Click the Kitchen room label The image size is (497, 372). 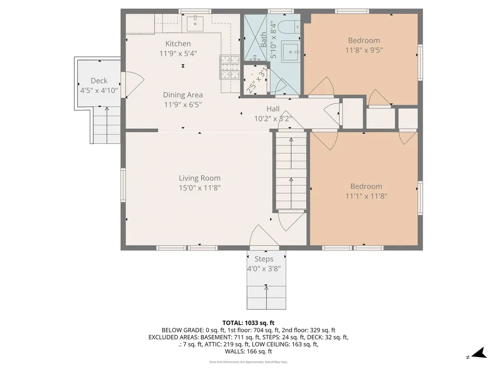pyautogui.click(x=178, y=44)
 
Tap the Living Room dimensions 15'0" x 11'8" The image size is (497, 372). pyautogui.click(x=199, y=188)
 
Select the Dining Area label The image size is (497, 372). pyautogui.click(x=182, y=95)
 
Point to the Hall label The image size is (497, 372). pyautogui.click(x=273, y=108)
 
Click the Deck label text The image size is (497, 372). pyautogui.click(x=99, y=80)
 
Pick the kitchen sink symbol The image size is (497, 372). pyautogui.click(x=197, y=21)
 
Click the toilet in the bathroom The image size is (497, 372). pyautogui.click(x=290, y=26)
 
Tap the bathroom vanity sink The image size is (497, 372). pyautogui.click(x=291, y=50)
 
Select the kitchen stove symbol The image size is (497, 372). pyautogui.click(x=230, y=67)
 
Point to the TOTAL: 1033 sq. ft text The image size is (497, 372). pyautogui.click(x=248, y=323)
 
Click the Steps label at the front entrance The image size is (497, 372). pyautogui.click(x=264, y=259)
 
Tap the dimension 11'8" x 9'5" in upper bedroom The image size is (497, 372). pyautogui.click(x=364, y=50)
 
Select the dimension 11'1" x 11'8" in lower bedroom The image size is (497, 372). pyautogui.click(x=366, y=196)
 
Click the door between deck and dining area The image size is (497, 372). pyautogui.click(x=129, y=84)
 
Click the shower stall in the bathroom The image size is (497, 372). pyautogui.click(x=255, y=39)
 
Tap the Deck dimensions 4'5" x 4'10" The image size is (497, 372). pyautogui.click(x=99, y=90)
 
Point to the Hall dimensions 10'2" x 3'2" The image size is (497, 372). pyautogui.click(x=273, y=118)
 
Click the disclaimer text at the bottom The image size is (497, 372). pyautogui.click(x=248, y=362)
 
